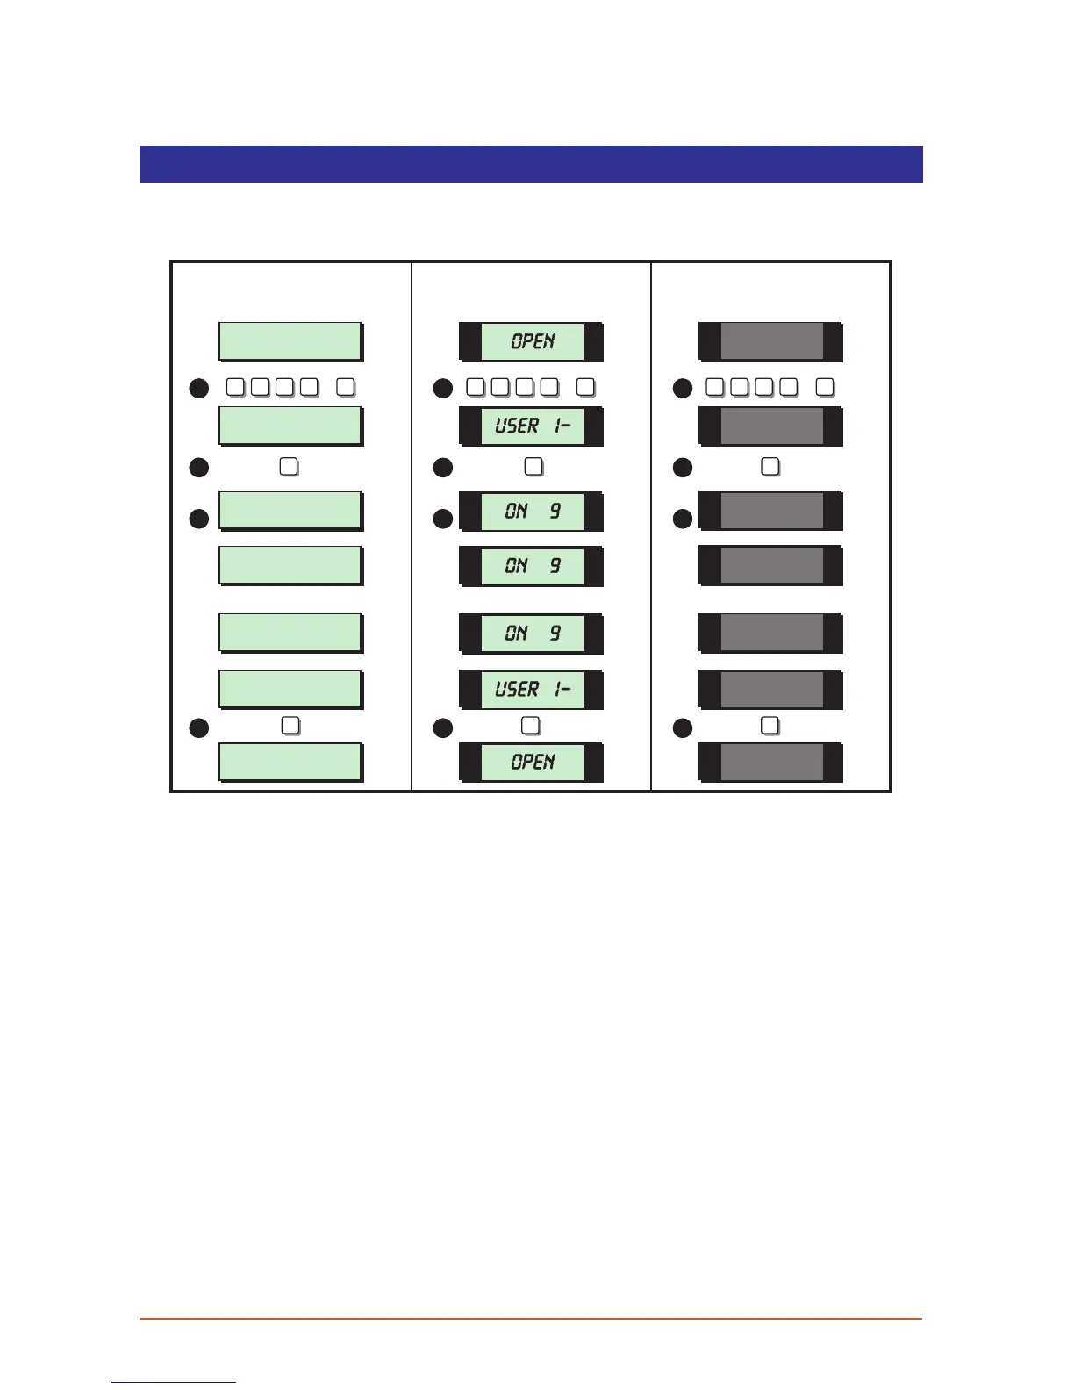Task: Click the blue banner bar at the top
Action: click(x=531, y=164)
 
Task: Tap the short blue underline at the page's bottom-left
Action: click(x=174, y=1383)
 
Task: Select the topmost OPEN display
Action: click(x=532, y=341)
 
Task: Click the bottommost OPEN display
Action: click(x=532, y=762)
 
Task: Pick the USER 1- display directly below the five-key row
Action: click(x=532, y=426)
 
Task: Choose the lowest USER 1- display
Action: click(x=532, y=689)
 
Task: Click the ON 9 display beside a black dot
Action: click(x=532, y=511)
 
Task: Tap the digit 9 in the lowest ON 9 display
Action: click(x=555, y=633)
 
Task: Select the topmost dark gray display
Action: click(x=771, y=341)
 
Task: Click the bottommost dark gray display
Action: click(x=771, y=762)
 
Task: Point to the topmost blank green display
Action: click(x=290, y=341)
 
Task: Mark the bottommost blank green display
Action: click(x=290, y=762)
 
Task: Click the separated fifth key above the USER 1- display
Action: click(x=586, y=387)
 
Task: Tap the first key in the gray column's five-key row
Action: click(x=715, y=387)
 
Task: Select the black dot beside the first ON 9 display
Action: click(x=443, y=519)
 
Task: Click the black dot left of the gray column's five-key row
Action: click(x=683, y=388)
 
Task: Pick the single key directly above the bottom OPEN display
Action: click(x=531, y=726)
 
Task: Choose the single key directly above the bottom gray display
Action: click(x=770, y=726)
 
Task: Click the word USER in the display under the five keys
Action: click(x=517, y=426)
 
